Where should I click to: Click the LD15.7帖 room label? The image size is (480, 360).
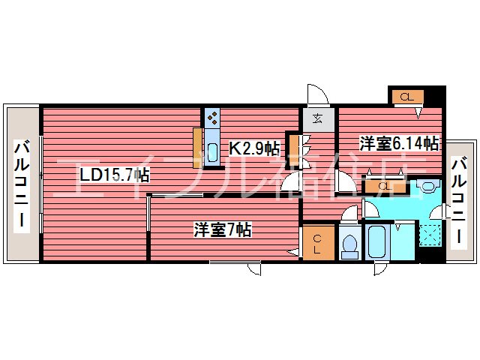coord(115,175)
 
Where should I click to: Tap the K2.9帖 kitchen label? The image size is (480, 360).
coord(254,149)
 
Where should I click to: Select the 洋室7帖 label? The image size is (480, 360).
coord(223,229)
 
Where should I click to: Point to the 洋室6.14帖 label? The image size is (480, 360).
coord(399,143)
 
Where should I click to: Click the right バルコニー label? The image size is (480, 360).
coord(459,199)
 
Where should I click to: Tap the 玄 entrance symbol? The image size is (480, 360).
coord(317,118)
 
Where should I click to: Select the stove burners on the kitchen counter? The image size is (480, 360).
coord(212,118)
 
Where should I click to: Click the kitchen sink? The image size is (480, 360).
coord(212,153)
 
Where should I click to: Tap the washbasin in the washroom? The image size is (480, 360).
coord(428,187)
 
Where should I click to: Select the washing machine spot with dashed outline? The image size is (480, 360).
coord(430,235)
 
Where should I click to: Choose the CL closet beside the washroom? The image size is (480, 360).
coord(385,187)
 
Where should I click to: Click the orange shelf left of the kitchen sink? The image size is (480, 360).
coord(197,148)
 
